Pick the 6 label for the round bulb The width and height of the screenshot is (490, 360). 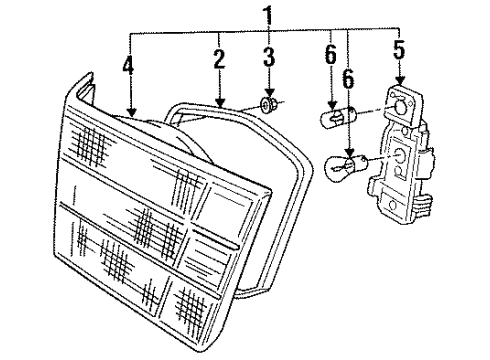[x=348, y=76]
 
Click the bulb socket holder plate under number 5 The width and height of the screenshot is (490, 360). [x=401, y=160]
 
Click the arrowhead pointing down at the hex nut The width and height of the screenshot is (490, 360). [x=269, y=93]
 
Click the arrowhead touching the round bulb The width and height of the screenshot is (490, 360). [x=348, y=148]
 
